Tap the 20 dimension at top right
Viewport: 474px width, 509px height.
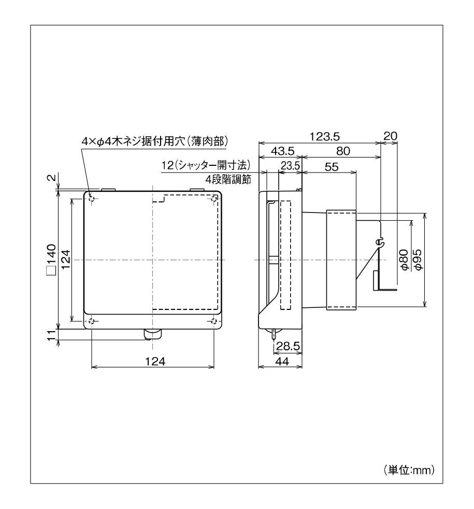click(x=389, y=136)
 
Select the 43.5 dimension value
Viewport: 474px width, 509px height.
click(x=283, y=151)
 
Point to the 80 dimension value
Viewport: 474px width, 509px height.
click(x=342, y=151)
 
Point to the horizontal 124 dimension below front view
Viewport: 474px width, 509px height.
click(x=153, y=361)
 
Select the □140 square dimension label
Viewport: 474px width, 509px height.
click(x=51, y=259)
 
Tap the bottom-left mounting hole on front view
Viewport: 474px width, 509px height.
click(x=91, y=321)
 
